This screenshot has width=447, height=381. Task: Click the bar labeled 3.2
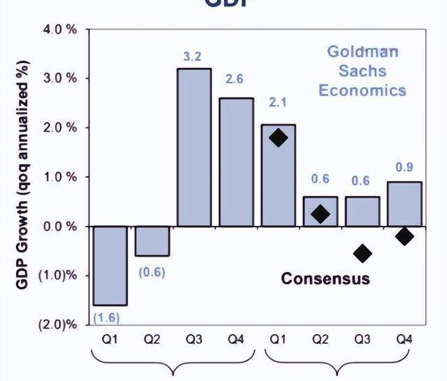click(x=194, y=147)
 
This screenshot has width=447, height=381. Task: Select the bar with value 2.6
click(x=236, y=161)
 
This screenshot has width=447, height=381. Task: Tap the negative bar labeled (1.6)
click(x=110, y=266)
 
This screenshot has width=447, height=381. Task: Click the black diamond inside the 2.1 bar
click(x=278, y=138)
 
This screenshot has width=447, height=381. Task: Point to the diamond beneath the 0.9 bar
click(x=404, y=236)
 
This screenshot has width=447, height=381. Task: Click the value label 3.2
click(x=193, y=56)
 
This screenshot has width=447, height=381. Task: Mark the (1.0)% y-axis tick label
click(x=61, y=275)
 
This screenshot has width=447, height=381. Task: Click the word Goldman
click(x=363, y=51)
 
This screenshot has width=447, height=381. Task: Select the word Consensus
click(x=325, y=279)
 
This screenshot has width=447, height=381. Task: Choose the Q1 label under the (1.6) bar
click(x=110, y=340)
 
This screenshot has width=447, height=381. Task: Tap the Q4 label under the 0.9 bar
click(x=404, y=340)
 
